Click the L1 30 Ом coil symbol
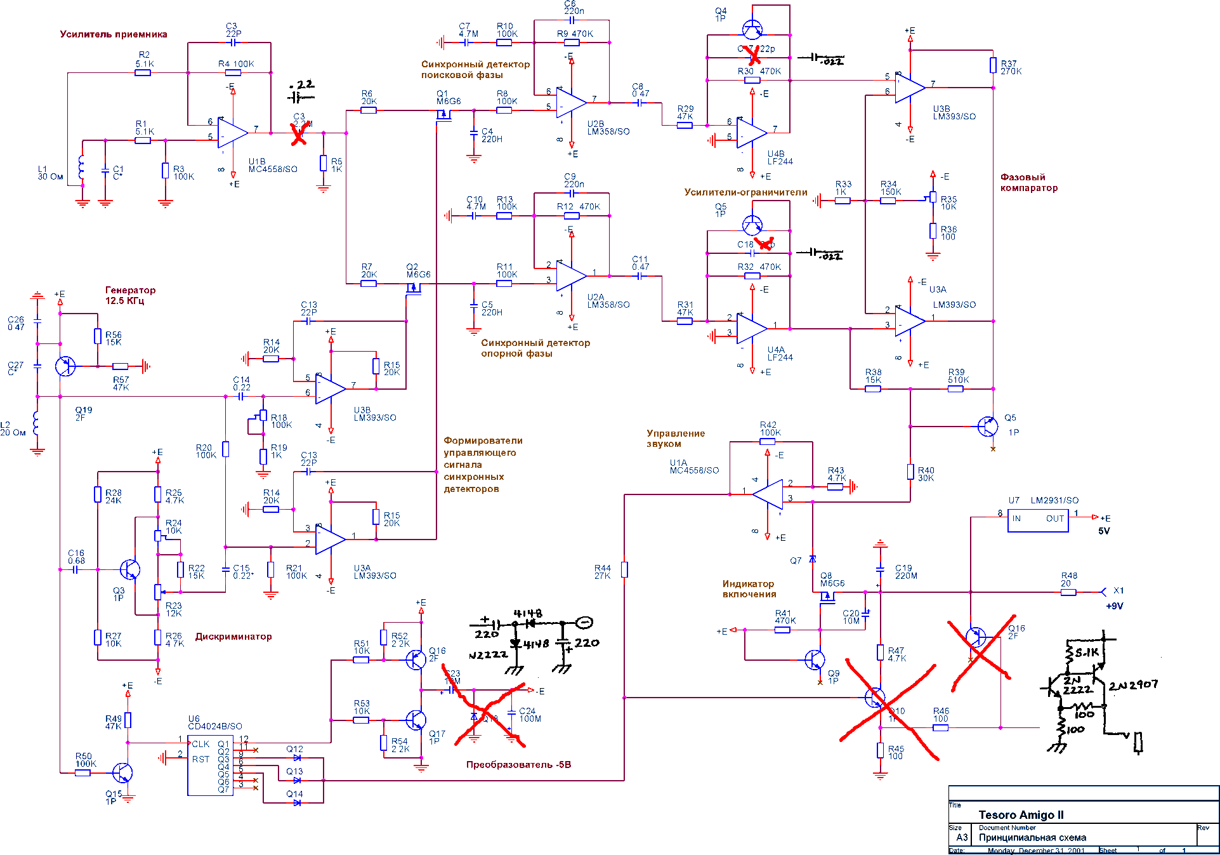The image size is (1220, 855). [81, 168]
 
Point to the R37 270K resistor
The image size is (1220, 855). [993, 65]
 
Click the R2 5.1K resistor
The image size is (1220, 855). [143, 72]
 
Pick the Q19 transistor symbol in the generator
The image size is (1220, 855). [65, 366]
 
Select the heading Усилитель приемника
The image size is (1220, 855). [114, 34]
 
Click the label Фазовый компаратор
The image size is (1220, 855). [1028, 183]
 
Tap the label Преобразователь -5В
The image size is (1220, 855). [518, 764]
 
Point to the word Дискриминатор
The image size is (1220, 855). [233, 637]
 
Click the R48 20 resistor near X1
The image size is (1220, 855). [1068, 592]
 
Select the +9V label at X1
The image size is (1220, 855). [1115, 606]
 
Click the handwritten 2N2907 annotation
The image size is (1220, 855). [1133, 685]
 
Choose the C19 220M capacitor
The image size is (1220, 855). [880, 569]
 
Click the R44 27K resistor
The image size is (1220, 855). [624, 569]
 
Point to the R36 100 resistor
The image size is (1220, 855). [933, 230]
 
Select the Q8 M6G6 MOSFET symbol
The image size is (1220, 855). [826, 597]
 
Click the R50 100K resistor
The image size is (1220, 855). [82, 772]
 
